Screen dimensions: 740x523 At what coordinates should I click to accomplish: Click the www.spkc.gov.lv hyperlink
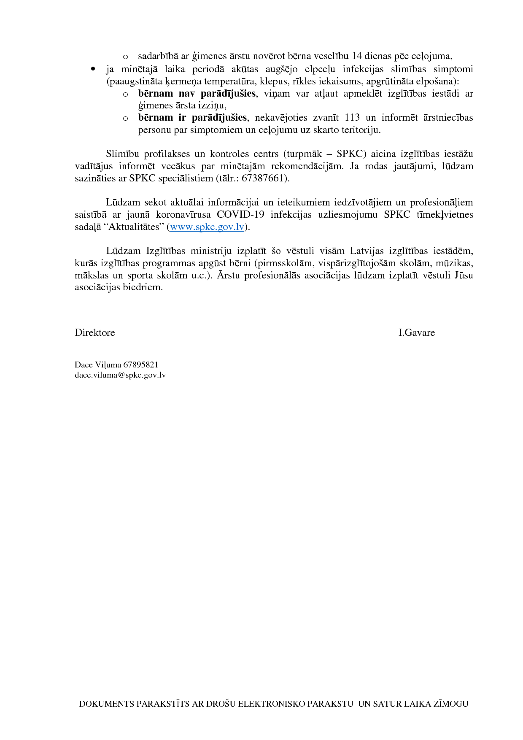point(207,227)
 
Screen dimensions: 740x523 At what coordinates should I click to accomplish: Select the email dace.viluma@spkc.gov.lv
point(120,375)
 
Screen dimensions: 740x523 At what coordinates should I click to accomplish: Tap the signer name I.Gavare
point(416,333)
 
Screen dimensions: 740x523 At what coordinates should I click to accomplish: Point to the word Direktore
point(95,333)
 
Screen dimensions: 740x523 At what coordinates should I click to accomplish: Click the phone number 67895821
point(141,365)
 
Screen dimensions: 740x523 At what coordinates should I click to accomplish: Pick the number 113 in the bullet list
point(352,118)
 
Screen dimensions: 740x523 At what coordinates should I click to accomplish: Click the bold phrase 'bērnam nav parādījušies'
point(197,94)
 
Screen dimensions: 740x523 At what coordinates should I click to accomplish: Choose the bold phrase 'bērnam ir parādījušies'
point(192,118)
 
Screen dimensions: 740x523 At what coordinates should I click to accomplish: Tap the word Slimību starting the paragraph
point(122,154)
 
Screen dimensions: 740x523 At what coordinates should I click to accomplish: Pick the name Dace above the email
point(84,365)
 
